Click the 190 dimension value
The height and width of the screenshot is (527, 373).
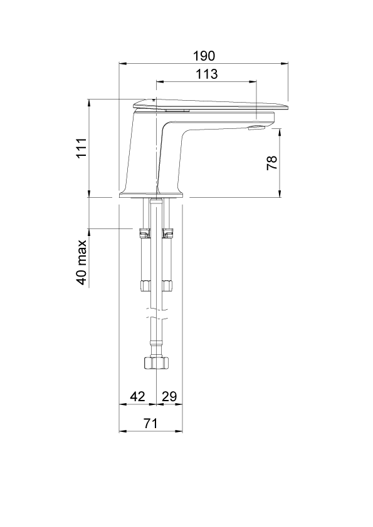(204, 56)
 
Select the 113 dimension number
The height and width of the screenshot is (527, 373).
(207, 74)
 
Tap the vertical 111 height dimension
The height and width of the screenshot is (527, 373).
(81, 148)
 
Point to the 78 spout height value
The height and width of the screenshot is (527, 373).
(272, 162)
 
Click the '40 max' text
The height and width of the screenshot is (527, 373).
(81, 262)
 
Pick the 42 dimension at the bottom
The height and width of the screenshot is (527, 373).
(137, 397)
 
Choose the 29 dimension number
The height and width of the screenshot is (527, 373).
(169, 397)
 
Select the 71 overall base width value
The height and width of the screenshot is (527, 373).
(150, 423)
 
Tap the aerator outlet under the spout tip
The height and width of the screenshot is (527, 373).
(257, 127)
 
